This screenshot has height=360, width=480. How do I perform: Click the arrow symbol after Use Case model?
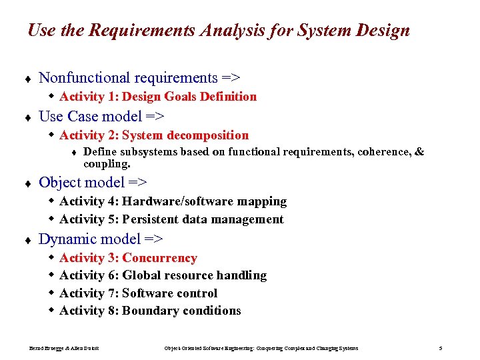click(x=156, y=117)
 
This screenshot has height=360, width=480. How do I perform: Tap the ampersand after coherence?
click(x=419, y=152)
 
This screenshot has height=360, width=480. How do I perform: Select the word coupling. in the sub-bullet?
click(x=107, y=163)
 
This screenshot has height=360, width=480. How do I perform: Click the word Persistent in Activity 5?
click(x=152, y=219)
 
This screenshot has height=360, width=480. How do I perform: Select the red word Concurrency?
click(x=159, y=258)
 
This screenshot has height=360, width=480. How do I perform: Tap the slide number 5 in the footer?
click(x=440, y=348)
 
